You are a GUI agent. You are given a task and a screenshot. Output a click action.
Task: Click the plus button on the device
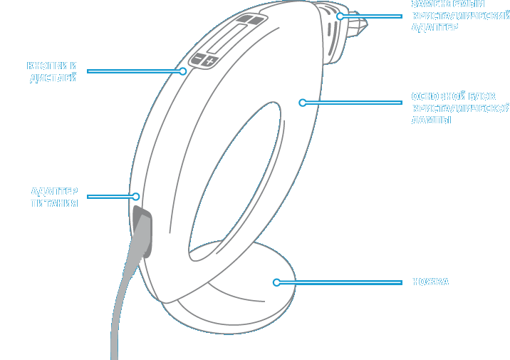tap(209, 62)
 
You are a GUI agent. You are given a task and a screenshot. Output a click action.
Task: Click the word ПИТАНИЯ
tap(53, 203)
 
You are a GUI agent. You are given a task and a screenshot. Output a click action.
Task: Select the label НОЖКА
tap(430, 282)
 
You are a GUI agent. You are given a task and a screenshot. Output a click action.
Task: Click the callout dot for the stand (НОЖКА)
tap(276, 282)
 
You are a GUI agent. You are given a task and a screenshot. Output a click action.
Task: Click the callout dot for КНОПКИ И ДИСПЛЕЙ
tap(183, 71)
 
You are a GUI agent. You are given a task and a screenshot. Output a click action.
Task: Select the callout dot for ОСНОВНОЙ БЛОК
tap(302, 103)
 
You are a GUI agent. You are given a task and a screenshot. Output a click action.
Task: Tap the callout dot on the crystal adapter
tap(340, 16)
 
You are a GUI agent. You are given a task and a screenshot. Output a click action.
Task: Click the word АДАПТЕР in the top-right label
tap(434, 28)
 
